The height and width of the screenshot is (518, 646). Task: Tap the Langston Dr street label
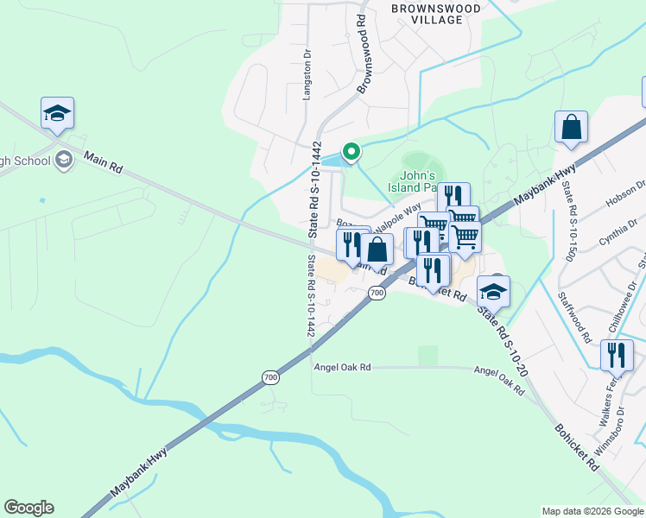click(306, 75)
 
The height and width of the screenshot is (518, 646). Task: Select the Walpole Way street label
click(399, 210)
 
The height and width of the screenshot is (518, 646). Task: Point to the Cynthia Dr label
click(624, 232)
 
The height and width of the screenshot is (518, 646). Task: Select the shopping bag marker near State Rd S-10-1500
click(571, 127)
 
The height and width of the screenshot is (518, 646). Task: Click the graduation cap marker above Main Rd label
click(57, 113)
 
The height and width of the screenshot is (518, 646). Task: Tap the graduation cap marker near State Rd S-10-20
click(493, 291)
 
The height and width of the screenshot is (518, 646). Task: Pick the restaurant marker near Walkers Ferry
click(617, 355)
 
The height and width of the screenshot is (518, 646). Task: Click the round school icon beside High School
click(63, 160)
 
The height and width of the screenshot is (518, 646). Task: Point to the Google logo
click(28, 508)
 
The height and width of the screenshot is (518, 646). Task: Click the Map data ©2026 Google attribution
click(592, 511)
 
